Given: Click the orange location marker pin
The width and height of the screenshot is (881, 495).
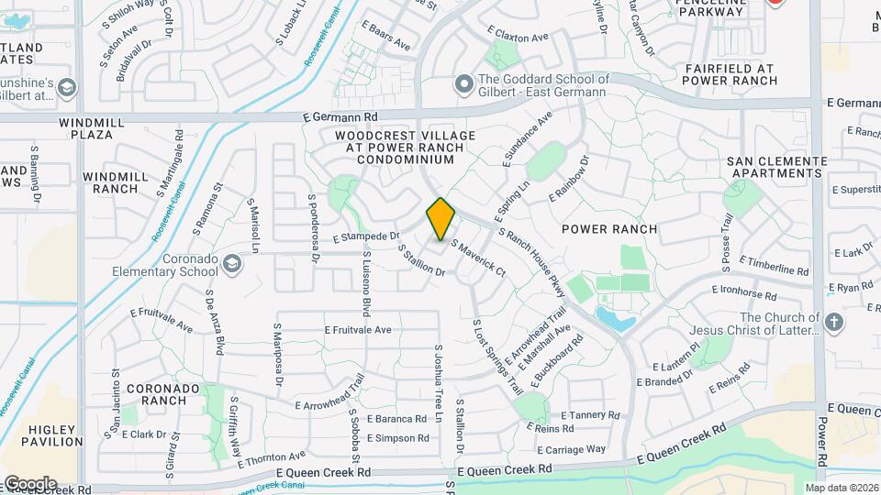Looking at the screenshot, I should click(x=440, y=219).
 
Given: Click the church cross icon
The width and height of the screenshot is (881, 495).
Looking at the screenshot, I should click(x=833, y=322).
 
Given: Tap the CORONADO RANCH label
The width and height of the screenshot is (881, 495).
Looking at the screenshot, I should click(x=163, y=394).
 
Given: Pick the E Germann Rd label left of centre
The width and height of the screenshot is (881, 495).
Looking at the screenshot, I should click(x=340, y=117).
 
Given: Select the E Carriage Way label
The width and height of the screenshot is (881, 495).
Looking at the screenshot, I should click(x=571, y=449).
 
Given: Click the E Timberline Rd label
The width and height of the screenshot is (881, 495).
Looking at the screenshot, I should click(x=774, y=266).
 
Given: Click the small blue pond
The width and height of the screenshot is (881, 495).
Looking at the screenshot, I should click(x=615, y=319).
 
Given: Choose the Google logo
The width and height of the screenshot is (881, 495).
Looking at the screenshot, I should click(x=29, y=484).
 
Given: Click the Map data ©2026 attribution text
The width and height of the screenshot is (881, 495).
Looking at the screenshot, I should click(x=841, y=488).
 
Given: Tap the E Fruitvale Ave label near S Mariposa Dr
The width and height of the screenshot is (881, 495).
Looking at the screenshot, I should click(x=358, y=330).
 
